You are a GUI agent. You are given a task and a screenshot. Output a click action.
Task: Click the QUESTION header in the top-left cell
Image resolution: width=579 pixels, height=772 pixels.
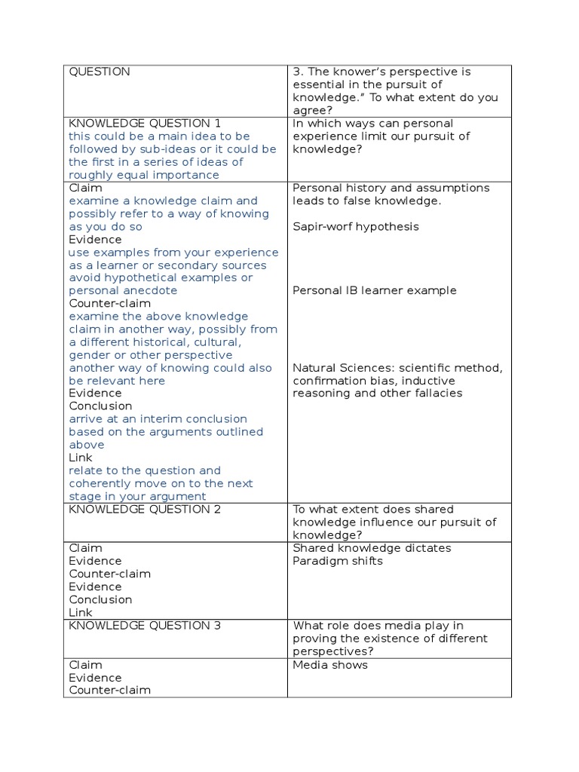click(x=100, y=72)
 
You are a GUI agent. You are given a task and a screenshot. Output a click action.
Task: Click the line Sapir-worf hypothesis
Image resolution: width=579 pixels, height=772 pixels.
click(x=355, y=226)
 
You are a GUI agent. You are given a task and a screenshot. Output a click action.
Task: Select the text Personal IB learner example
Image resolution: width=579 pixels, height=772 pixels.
click(x=374, y=290)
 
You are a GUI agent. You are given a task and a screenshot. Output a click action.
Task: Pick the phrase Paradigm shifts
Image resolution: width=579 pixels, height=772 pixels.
click(x=337, y=561)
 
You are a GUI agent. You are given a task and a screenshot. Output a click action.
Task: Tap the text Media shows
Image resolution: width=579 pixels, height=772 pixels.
click(x=330, y=664)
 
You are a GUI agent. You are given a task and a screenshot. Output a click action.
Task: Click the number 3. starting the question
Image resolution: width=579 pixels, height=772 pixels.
click(x=297, y=72)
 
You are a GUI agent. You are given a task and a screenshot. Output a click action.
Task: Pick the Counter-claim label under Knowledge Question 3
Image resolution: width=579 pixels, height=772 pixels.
click(x=109, y=690)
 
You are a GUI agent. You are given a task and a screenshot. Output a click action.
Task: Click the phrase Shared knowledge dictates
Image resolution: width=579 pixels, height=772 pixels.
click(x=372, y=548)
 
